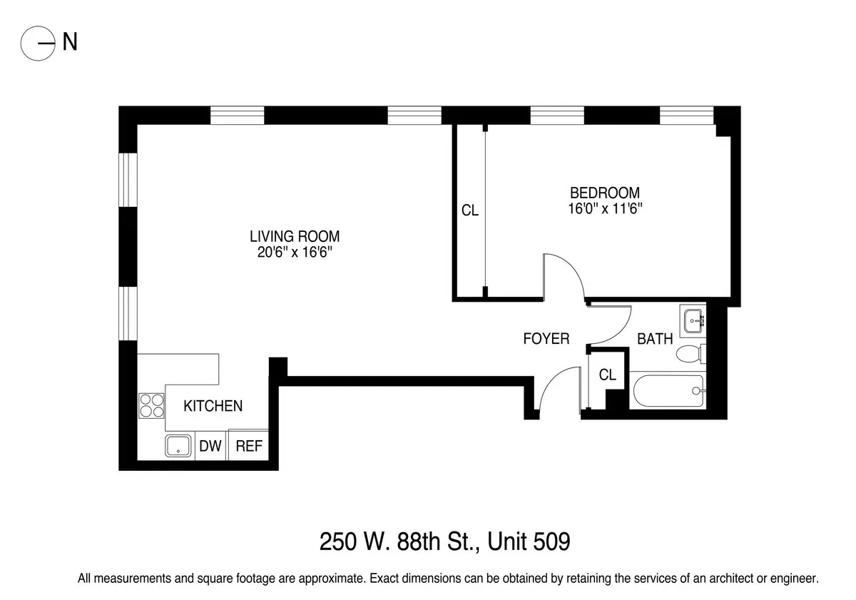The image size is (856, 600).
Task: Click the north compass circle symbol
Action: click(38, 44)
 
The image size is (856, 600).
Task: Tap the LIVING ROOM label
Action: click(294, 236)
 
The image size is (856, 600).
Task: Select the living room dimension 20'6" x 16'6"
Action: click(294, 253)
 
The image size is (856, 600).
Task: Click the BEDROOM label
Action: click(604, 193)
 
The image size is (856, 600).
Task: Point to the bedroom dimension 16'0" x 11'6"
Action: click(604, 208)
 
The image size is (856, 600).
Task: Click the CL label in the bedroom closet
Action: click(469, 211)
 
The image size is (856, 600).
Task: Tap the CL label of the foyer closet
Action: click(607, 375)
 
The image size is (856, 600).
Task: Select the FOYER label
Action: click(546, 339)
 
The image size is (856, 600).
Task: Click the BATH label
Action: click(655, 339)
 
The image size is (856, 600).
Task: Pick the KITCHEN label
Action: click(213, 406)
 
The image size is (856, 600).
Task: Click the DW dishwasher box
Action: click(210, 447)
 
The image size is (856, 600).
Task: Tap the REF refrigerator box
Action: click(249, 447)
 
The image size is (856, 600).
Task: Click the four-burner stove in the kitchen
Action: click(151, 405)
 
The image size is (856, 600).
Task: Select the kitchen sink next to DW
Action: click(178, 447)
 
